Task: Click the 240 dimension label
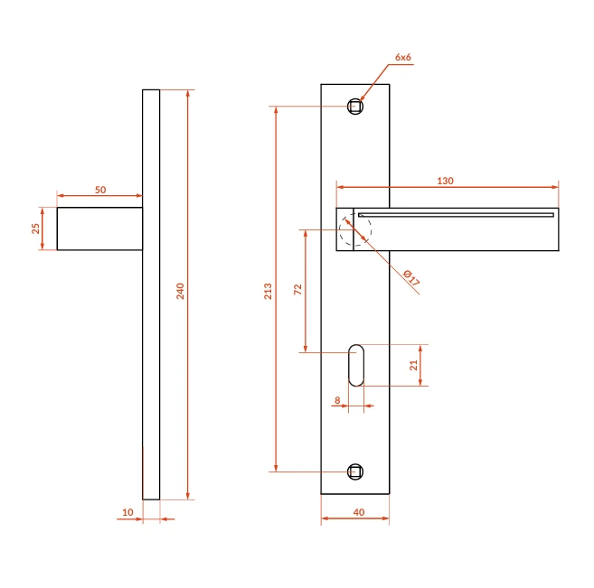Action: (180, 291)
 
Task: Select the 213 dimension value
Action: (268, 291)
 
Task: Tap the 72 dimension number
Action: (297, 289)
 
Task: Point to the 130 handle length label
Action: (445, 181)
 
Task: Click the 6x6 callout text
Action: (403, 57)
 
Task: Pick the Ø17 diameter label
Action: (411, 277)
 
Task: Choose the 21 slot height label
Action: (413, 365)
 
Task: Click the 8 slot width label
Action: (337, 400)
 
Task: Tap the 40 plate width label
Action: (359, 512)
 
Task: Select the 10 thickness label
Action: (127, 512)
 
